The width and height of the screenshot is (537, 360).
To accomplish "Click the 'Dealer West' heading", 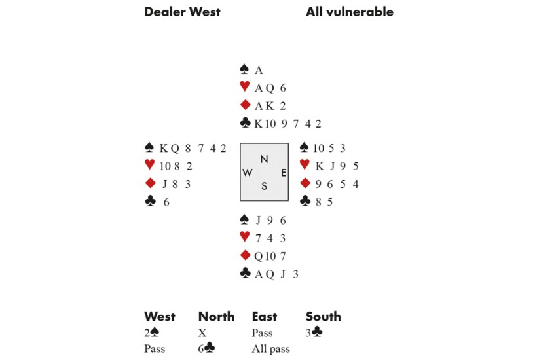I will click(182, 12).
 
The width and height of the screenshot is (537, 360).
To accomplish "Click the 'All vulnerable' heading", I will click(350, 12).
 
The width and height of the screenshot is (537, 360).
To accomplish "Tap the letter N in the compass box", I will click(264, 159).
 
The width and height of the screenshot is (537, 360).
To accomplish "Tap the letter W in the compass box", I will click(248, 173).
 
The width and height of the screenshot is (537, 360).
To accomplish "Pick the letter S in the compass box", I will click(264, 187).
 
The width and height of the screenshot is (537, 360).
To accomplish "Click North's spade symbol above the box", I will click(244, 69).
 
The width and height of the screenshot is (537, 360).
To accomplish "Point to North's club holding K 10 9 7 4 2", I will click(287, 124).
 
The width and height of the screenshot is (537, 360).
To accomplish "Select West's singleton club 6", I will click(166, 202).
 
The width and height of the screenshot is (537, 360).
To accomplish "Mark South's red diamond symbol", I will click(244, 255).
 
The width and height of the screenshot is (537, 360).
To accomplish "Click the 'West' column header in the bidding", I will click(160, 317).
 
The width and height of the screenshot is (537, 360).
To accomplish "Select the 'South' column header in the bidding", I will click(324, 317).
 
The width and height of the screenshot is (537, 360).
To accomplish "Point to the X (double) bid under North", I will click(202, 333).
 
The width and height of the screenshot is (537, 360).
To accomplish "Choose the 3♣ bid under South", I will click(314, 333).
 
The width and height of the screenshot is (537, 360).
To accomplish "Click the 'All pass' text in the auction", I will click(270, 349).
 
